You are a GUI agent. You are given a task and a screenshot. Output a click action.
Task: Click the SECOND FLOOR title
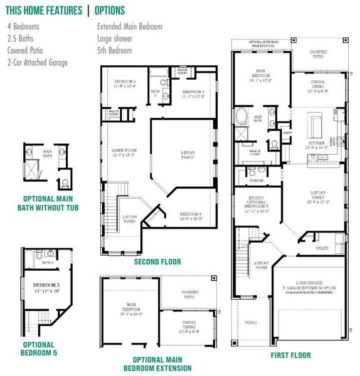pos(157,261)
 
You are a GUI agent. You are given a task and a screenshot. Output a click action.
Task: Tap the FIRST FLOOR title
pos(290,355)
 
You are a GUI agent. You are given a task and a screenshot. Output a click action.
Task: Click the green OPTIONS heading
pos(110,11)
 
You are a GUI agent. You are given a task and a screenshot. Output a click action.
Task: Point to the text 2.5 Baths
pos(21,38)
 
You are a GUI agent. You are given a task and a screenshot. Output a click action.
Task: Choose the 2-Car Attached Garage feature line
pos(37,62)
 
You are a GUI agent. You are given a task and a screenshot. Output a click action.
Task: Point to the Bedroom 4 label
pos(191,215)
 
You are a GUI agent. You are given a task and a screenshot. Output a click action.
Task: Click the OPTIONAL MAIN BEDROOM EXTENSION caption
pos(157,363)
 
